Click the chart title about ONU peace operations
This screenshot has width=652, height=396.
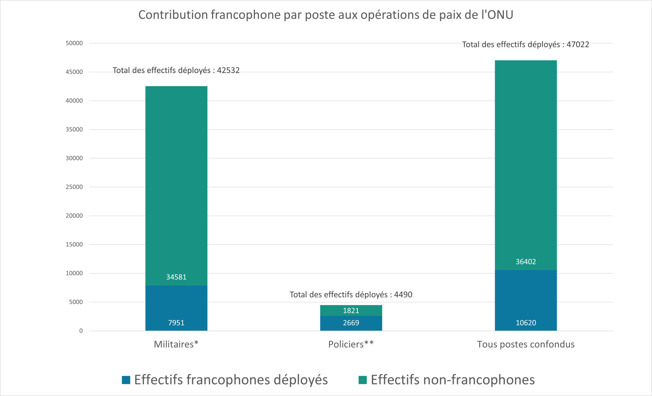point(326,15)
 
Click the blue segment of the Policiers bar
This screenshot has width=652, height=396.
point(351,323)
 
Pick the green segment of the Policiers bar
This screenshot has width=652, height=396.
point(351,310)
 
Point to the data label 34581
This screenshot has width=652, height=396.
point(176,277)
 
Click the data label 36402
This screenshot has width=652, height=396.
point(525,262)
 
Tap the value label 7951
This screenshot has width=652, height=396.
point(176,323)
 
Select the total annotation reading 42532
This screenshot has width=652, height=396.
point(176,70)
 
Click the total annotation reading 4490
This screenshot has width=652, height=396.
point(351,295)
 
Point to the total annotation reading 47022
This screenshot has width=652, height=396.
point(525,45)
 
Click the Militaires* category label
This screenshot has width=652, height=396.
point(176,344)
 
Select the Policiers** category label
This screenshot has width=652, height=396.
point(351,344)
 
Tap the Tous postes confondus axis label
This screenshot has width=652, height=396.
point(525,344)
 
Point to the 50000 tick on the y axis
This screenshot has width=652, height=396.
point(74,43)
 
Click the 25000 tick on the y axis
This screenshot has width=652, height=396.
point(74,187)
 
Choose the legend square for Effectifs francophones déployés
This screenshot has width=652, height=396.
point(126,380)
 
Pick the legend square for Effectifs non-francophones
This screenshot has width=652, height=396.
point(362,380)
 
